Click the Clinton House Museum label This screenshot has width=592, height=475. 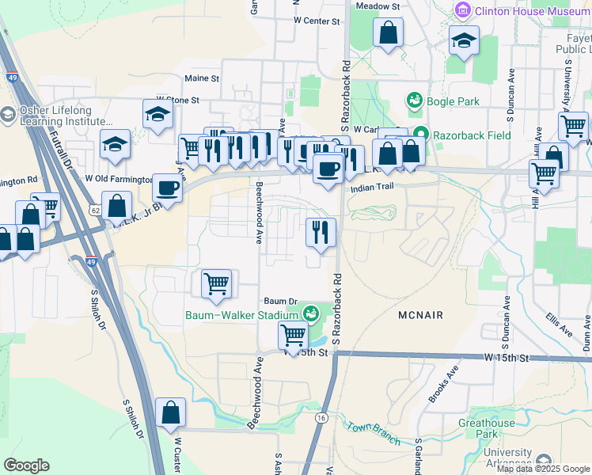pos(532,11)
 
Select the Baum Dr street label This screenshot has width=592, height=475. pos(279,302)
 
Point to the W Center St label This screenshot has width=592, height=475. pos(316,21)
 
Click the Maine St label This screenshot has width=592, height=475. pos(201,78)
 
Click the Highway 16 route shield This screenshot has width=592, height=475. pos(321,417)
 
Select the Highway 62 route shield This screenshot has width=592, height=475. pos(95,211)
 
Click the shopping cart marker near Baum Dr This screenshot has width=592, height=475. pos(216,283)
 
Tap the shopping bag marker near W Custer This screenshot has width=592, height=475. pos(171,412)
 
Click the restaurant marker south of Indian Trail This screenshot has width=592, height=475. pos(321,232)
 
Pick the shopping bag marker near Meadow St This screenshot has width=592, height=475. pos(388,33)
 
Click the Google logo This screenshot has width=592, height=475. pos(26,465)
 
